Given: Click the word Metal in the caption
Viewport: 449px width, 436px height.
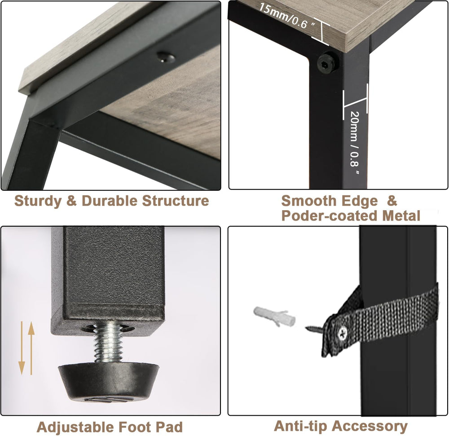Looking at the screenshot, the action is click(x=401, y=216).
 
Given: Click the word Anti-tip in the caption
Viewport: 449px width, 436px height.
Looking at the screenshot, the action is click(x=300, y=426).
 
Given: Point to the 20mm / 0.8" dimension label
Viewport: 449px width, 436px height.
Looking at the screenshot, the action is click(x=354, y=143).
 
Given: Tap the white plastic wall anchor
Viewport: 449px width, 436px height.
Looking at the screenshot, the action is click(x=274, y=317).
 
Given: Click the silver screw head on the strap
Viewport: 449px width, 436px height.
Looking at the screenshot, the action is click(x=343, y=333).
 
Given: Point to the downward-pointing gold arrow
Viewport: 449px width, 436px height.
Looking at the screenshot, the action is click(x=22, y=348).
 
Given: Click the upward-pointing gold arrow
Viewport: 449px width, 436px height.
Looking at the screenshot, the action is click(x=31, y=348).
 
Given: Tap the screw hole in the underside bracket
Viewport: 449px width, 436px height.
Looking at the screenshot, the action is click(x=166, y=57).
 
